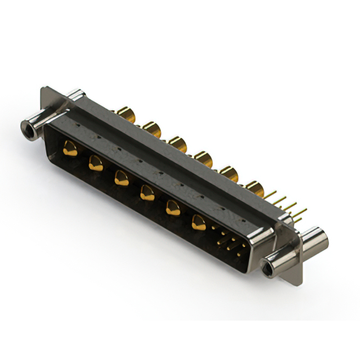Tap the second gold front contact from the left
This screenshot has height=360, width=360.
coord(96,164)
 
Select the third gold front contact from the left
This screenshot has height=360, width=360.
coord(121,178)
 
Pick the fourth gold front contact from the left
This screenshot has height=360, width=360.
coord(147,193)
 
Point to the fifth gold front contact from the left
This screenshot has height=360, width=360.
coord(173,209)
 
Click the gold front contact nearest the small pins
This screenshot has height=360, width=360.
coord(199,223)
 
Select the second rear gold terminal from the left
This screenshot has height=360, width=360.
coord(151,128)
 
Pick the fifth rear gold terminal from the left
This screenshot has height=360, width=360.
coord(228,174)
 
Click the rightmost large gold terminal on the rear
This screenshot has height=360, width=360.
coord(254,189)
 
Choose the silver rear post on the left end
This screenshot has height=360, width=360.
coord(74,94)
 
